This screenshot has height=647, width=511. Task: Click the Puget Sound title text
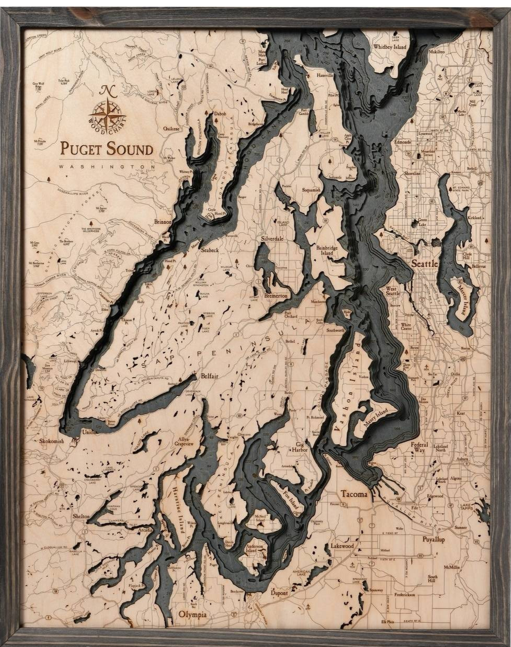(107, 149)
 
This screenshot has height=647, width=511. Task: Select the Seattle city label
(424, 264)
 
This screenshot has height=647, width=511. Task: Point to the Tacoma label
(354, 494)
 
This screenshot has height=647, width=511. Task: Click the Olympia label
(192, 615)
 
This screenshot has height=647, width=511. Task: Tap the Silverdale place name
(272, 239)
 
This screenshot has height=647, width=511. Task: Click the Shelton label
(82, 516)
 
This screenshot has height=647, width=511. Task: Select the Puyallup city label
(434, 539)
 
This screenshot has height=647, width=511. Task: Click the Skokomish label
(52, 441)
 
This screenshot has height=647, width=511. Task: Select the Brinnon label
(163, 222)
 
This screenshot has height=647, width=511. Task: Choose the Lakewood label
(342, 546)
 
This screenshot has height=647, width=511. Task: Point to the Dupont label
(279, 593)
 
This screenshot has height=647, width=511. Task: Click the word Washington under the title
(107, 167)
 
